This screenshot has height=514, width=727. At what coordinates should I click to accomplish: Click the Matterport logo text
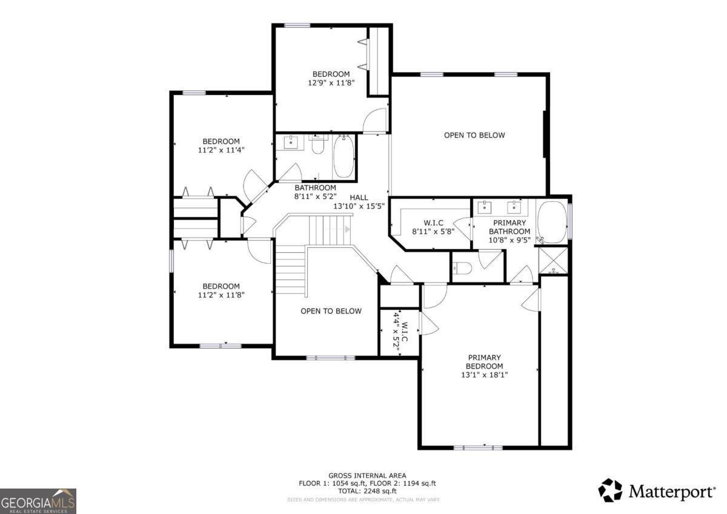coord(671,491)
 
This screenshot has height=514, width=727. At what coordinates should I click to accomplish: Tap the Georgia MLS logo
coord(38,501)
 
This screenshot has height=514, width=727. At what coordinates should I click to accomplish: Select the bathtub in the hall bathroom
coord(343,157)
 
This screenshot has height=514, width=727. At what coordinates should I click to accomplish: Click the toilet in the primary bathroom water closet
coord(462,267)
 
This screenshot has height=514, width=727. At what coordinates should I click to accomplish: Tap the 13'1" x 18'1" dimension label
coord(484,375)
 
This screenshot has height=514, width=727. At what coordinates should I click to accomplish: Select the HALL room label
coord(359,198)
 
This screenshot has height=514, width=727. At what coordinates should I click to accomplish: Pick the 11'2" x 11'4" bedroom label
coord(221,150)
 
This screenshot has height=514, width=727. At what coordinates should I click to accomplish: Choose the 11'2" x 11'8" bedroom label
coord(221,295)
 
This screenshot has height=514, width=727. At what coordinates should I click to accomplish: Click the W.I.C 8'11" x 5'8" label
coord(428,227)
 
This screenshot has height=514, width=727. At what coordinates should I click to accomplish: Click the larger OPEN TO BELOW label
coord(474,135)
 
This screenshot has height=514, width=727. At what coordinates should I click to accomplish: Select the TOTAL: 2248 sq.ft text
coord(367,491)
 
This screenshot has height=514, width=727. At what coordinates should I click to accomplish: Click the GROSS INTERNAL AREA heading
coord(367,475)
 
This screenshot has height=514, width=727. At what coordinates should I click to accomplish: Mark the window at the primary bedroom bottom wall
coord(478,447)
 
